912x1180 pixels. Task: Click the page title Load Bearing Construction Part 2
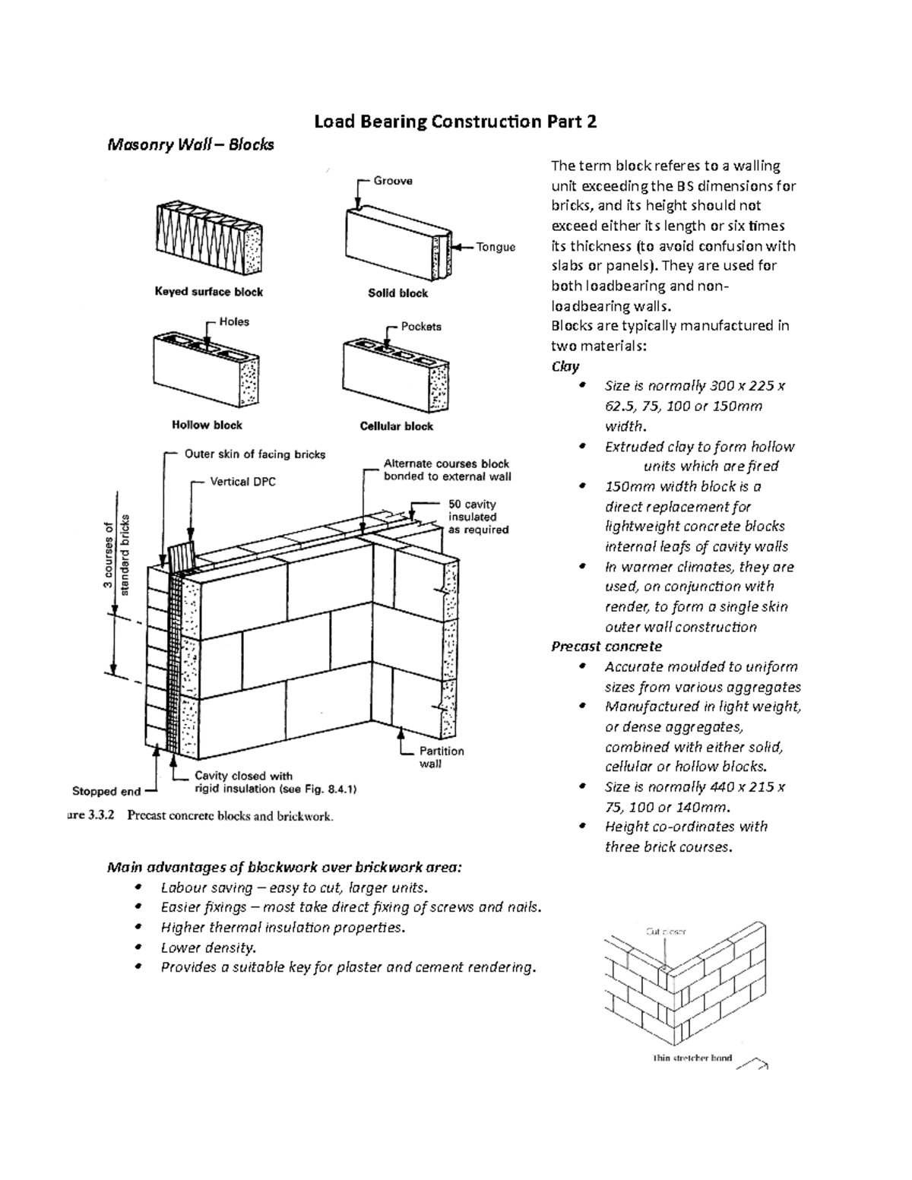click(x=455, y=122)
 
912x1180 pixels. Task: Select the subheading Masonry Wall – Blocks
click(x=190, y=144)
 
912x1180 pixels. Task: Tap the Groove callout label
click(x=393, y=181)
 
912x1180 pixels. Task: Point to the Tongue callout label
click(x=496, y=247)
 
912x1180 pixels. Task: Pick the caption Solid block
click(x=397, y=293)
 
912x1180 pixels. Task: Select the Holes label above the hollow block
click(x=234, y=322)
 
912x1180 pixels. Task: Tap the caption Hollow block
click(x=207, y=425)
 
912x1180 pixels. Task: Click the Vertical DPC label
click(x=242, y=482)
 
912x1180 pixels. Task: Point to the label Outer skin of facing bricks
click(x=255, y=454)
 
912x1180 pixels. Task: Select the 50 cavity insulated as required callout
click(x=477, y=517)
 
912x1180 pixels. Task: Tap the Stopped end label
click(x=106, y=791)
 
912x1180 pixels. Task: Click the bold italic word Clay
click(x=565, y=366)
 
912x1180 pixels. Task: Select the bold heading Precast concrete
click(x=606, y=647)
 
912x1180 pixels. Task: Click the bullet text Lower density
click(x=208, y=947)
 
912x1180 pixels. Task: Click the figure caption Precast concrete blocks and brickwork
click(x=230, y=817)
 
